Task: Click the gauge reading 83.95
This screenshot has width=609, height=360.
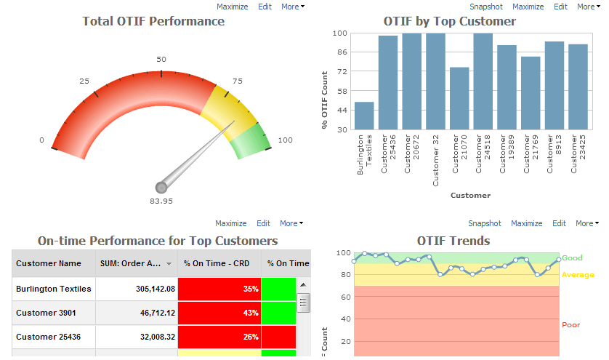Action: [161, 201]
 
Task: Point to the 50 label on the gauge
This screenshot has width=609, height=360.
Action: [161, 60]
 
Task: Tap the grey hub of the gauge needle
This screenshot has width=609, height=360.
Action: [161, 188]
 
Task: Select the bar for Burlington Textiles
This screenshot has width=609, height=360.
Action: [364, 116]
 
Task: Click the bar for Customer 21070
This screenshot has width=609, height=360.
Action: [459, 99]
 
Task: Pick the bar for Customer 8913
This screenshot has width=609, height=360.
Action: [554, 86]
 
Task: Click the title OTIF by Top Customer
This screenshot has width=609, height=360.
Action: [450, 21]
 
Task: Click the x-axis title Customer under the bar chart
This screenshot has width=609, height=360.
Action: [470, 195]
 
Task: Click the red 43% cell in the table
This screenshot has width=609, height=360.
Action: [219, 313]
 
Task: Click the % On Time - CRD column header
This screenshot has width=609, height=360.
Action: [217, 263]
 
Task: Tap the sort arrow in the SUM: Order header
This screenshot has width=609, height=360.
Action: [169, 264]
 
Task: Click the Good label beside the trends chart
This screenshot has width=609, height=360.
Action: [572, 257]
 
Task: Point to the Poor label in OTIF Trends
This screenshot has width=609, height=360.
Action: [570, 325]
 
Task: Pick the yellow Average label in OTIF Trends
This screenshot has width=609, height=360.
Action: [577, 275]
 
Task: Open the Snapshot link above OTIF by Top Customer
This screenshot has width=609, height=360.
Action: [485, 7]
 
